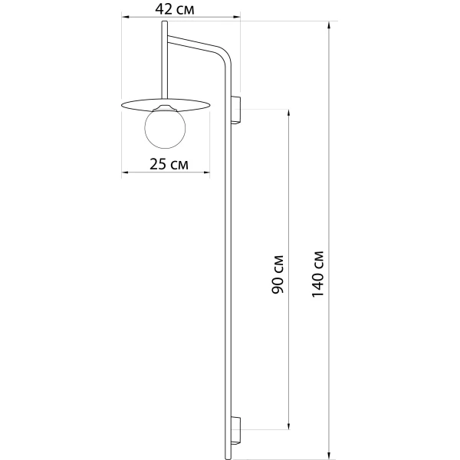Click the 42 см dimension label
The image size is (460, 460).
click(175, 9)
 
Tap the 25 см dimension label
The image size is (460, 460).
click(169, 164)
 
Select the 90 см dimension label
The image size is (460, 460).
click(278, 274)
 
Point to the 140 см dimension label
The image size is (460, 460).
click(317, 274)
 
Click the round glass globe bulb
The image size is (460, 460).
click(165, 128)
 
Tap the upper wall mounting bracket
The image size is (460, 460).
click(235, 110)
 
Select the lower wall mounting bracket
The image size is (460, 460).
click(235, 430)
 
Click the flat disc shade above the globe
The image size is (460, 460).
click(165, 105)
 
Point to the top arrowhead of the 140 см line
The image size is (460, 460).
click(329, 25)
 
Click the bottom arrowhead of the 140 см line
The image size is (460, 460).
click(329, 455)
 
